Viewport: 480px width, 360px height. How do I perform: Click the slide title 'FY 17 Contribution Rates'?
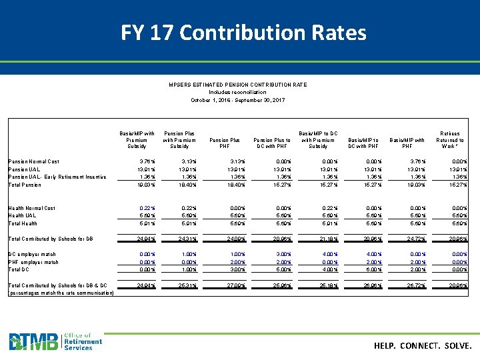click(243, 32)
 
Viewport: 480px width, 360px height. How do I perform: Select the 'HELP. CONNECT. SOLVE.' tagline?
click(423, 346)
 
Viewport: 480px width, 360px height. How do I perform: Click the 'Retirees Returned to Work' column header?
click(450, 140)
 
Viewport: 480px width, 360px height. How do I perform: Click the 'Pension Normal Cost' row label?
click(33, 161)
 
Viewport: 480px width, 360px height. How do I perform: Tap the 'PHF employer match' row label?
click(33, 262)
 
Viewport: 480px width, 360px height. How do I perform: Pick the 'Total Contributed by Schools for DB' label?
click(51, 239)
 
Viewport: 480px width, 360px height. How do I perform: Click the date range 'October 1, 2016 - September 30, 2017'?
click(238, 100)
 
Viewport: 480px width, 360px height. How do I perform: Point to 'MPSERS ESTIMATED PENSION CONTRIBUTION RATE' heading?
click(238, 85)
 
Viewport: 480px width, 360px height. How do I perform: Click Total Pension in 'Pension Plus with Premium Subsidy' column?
click(181, 185)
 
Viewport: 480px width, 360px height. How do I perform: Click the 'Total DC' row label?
click(19, 269)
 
